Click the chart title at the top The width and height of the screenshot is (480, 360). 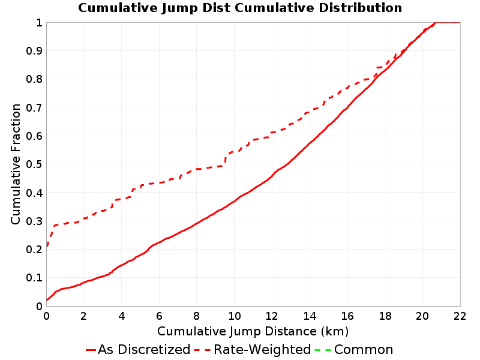point(240,8)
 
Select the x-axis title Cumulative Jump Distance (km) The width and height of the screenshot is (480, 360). point(253,332)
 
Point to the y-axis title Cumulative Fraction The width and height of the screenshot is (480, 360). point(16,164)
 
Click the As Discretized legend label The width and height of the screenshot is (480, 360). point(144,350)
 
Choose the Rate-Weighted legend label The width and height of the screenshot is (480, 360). point(262,350)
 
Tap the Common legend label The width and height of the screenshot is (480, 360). point(364,350)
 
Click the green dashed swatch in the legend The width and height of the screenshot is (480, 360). point(323,350)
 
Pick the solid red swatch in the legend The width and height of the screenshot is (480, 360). point(91,350)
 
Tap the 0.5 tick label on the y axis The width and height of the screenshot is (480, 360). point(34,164)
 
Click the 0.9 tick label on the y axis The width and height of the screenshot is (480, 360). point(34,51)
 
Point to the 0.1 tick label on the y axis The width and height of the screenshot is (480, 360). point(34,278)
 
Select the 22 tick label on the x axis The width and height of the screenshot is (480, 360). point(460,316)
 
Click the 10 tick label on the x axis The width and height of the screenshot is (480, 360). point(234,316)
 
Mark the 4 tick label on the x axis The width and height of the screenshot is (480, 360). point(122,316)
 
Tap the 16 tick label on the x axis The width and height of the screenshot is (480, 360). point(347,316)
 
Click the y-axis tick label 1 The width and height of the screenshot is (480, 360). point(39,23)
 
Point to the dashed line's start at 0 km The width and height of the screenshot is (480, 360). point(47,246)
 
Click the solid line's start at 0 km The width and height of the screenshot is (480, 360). point(47,300)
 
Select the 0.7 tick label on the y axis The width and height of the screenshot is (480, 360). point(34,107)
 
